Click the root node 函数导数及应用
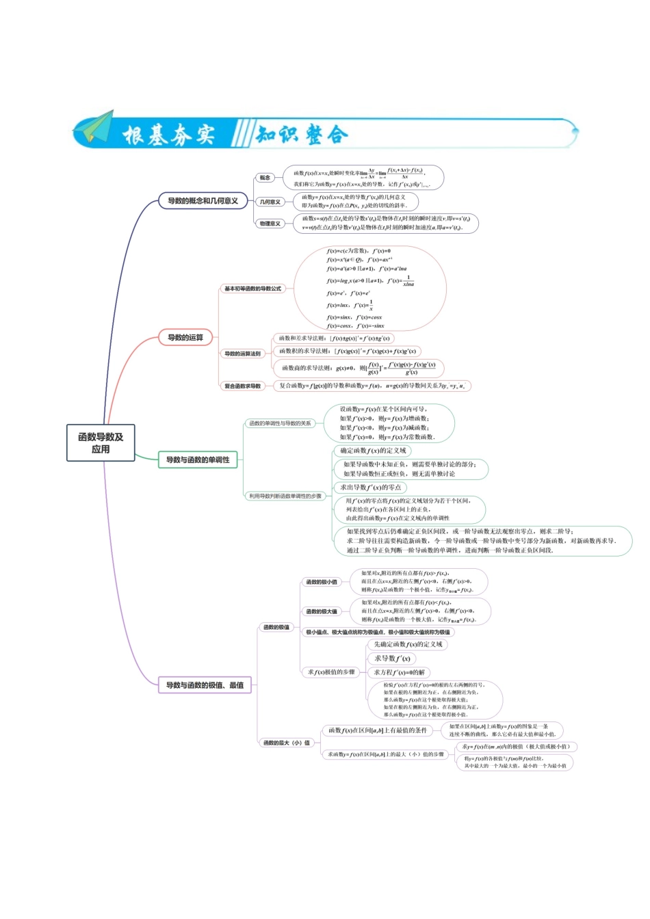tap(101, 443)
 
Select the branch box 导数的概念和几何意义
tap(203, 201)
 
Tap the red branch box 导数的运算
tap(185, 338)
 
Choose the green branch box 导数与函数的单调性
tap(198, 460)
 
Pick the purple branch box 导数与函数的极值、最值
tap(205, 685)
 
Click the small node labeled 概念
tap(265, 178)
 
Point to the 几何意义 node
tap(270, 202)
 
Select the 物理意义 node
tap(270, 224)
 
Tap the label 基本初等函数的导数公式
tap(252, 289)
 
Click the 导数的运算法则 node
tap(242, 354)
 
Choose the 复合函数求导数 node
tap(243, 386)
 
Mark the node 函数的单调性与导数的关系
tap(280, 423)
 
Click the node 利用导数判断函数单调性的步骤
tap(285, 496)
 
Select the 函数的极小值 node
tap(321, 582)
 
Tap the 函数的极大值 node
tap(321, 611)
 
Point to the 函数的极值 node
tap(276, 627)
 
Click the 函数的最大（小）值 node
tap(287, 743)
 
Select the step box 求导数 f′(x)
tap(392, 658)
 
